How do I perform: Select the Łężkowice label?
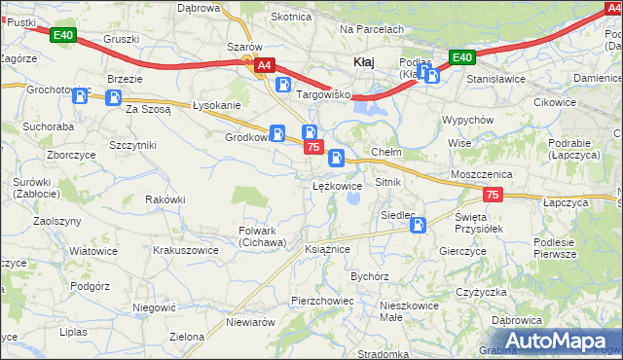pyautogui.click(x=337, y=185)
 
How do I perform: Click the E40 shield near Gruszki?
pyautogui.click(x=63, y=36)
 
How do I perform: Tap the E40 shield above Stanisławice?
pyautogui.click(x=462, y=57)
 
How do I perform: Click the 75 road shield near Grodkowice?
pyautogui.click(x=312, y=147)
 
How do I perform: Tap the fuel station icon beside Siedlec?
pyautogui.click(x=418, y=226)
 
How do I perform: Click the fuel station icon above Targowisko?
pyautogui.click(x=282, y=86)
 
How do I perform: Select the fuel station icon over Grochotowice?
pyautogui.click(x=81, y=94)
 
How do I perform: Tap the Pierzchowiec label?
pyautogui.click(x=322, y=301)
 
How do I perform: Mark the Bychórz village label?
pyautogui.click(x=370, y=276)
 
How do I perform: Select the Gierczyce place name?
pyautogui.click(x=462, y=250)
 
